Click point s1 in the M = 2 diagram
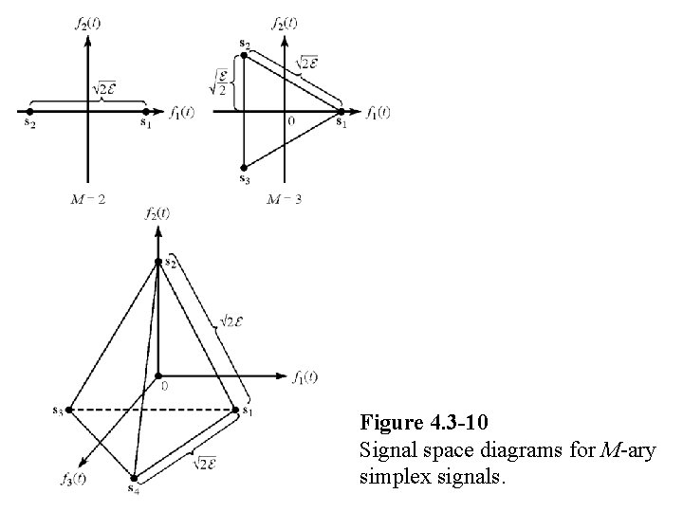[x=145, y=111]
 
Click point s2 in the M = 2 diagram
[x=30, y=111]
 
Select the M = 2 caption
[x=87, y=199]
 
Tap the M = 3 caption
[x=285, y=199]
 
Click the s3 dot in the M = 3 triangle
[x=245, y=167]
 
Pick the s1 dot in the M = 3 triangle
[x=341, y=111]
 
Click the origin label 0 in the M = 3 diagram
[x=291, y=121]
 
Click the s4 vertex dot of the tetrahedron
[x=135, y=477]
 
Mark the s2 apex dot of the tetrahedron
[x=157, y=263]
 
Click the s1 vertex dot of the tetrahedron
[x=235, y=410]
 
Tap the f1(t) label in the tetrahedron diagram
[x=305, y=376]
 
